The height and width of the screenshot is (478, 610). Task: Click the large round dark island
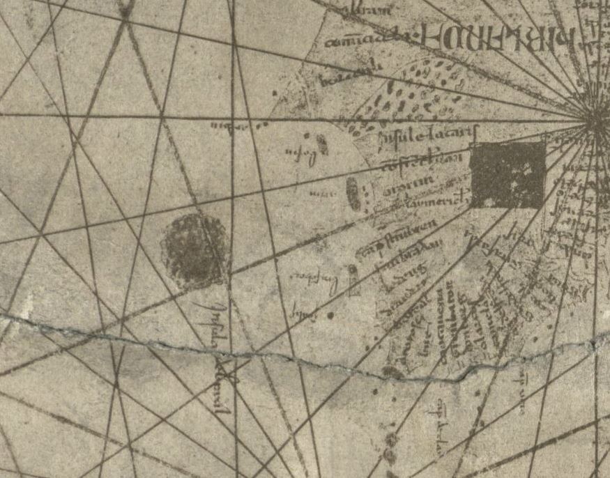click(x=195, y=250)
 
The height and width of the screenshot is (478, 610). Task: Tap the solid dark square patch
click(x=507, y=175)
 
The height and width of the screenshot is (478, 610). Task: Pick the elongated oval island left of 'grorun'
click(x=354, y=193)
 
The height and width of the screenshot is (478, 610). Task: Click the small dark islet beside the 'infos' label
click(x=321, y=144)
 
